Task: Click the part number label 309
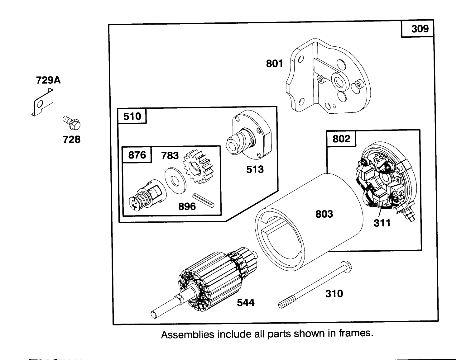pyautogui.click(x=420, y=29)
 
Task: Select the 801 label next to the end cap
pyautogui.click(x=274, y=64)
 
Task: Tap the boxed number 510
pyautogui.click(x=132, y=116)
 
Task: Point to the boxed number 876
pyautogui.click(x=137, y=155)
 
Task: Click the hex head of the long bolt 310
pyautogui.click(x=347, y=266)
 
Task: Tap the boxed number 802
pyautogui.click(x=341, y=139)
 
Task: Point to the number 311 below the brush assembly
pyautogui.click(x=382, y=223)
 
